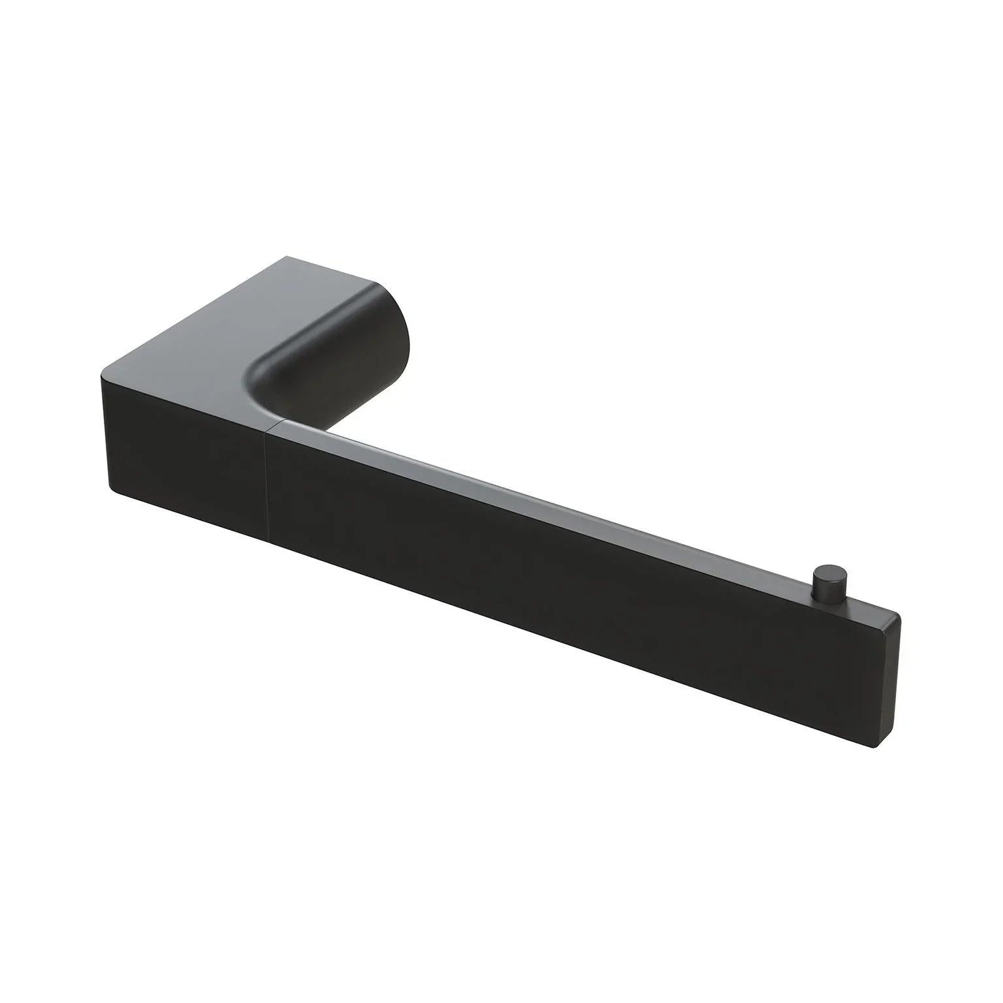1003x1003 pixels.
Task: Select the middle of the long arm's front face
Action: (555, 542)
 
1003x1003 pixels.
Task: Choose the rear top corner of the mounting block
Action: (285, 257)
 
